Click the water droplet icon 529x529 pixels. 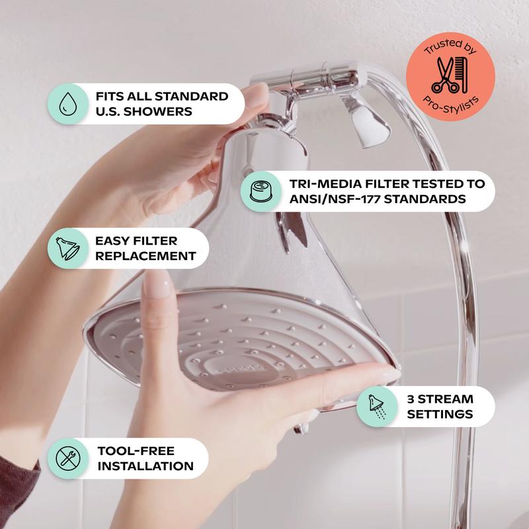[x=68, y=104]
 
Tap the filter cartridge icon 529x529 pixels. [x=261, y=191]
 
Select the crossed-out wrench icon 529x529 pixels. [x=68, y=458]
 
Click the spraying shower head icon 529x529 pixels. [x=376, y=407]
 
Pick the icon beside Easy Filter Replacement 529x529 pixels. [x=68, y=249]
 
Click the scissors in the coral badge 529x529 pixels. [x=445, y=75]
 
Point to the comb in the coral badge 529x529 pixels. [x=462, y=75]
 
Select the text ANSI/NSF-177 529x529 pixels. [x=335, y=199]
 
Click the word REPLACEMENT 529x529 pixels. [x=145, y=256]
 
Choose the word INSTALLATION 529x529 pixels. [x=145, y=466]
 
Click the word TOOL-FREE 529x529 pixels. [x=136, y=451]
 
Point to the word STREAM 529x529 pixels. [x=446, y=399]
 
